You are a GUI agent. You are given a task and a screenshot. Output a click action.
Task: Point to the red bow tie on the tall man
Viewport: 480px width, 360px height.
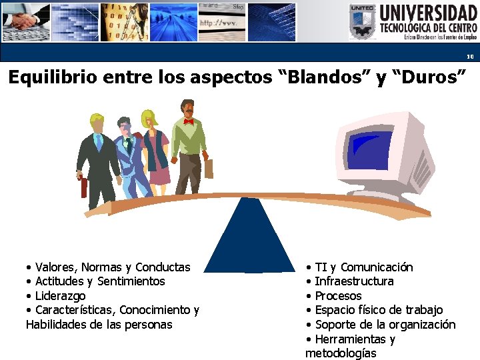coord(189,121)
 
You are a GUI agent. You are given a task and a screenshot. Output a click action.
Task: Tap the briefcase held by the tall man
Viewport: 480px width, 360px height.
coord(209,168)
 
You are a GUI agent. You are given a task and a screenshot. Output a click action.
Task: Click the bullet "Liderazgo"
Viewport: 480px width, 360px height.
coord(60,295)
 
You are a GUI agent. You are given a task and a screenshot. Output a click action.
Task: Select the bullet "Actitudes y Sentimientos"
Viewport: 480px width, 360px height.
coord(99,281)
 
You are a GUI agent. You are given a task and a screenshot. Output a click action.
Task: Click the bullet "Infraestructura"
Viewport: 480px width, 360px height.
coord(353,281)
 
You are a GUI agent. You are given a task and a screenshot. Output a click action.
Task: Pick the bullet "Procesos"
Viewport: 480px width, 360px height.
coord(338,295)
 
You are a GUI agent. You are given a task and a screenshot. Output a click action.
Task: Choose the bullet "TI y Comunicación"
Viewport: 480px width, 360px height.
coord(363,267)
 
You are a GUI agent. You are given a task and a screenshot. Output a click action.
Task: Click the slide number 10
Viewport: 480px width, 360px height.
coord(469,57)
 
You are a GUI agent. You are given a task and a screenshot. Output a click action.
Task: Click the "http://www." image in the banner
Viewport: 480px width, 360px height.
coord(221,22)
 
